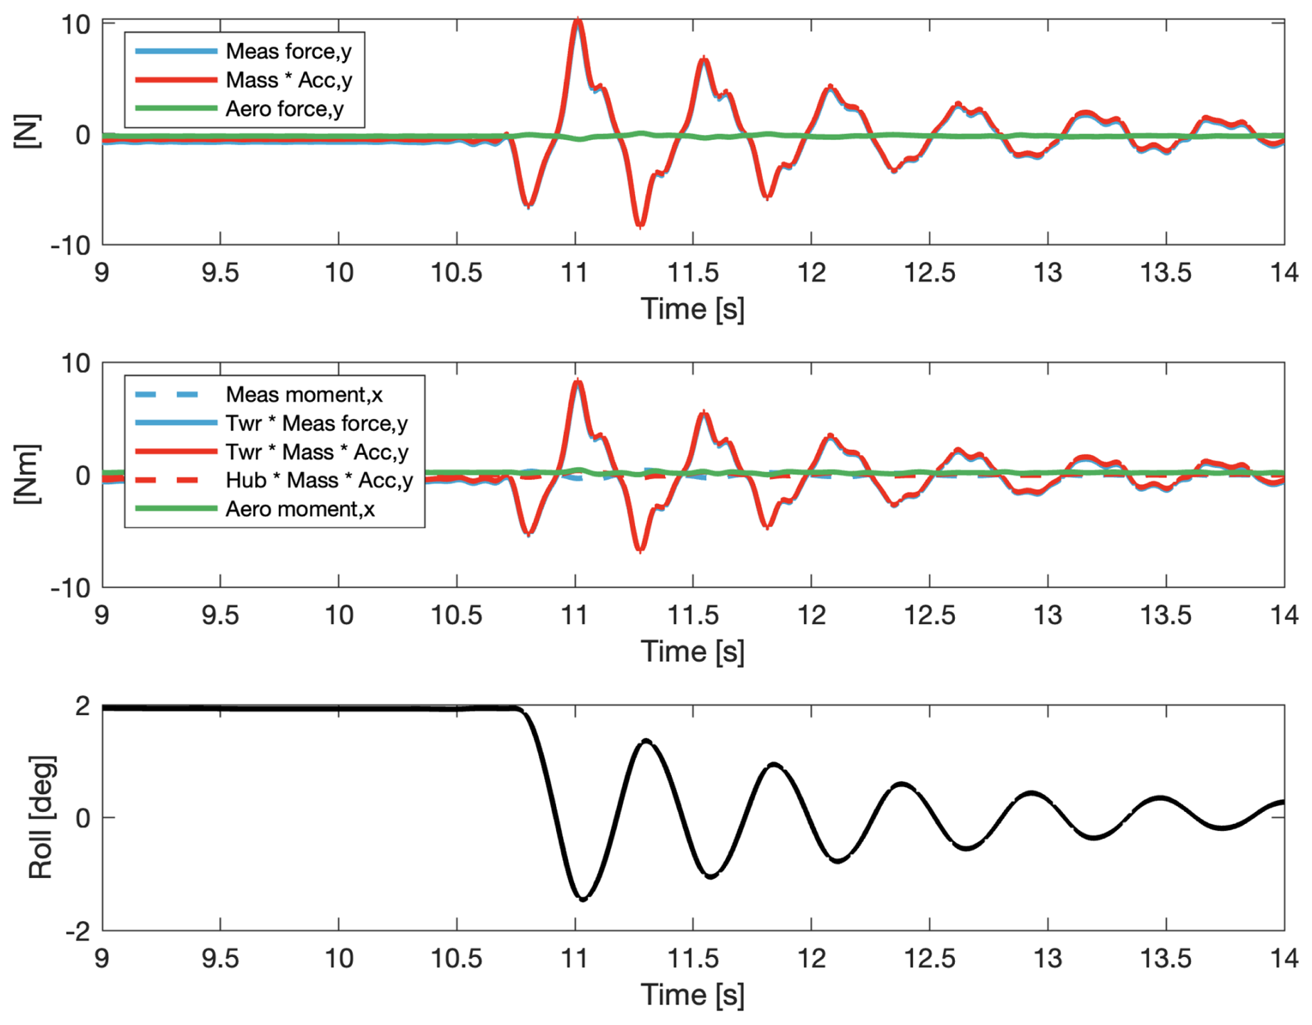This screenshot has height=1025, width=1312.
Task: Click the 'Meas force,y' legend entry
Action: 288,51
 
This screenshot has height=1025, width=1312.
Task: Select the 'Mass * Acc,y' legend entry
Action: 288,80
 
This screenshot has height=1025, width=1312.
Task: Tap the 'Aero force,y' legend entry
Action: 284,109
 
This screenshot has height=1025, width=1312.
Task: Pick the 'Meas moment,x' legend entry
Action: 304,395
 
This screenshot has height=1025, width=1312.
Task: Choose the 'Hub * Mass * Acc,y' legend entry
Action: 319,480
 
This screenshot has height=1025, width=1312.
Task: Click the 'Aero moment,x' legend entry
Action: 300,509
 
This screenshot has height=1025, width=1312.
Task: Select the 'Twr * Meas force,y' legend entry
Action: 316,423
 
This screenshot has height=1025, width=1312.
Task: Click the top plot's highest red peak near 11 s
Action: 578,21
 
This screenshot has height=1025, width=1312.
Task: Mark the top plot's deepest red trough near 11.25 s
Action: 640,225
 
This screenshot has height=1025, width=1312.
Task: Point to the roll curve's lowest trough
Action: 583,899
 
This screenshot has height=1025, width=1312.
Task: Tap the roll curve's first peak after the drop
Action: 646,741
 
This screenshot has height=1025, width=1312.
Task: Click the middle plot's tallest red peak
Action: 578,381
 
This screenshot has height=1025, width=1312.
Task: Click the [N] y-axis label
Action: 28,131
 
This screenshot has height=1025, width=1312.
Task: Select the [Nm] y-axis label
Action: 28,474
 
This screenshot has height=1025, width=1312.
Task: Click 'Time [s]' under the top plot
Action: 692,309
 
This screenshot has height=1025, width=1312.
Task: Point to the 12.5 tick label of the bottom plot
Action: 929,958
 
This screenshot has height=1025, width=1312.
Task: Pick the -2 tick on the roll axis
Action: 78,931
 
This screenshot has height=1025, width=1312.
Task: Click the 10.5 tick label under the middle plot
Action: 456,615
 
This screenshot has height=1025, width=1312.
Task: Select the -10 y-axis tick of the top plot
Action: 71,245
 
